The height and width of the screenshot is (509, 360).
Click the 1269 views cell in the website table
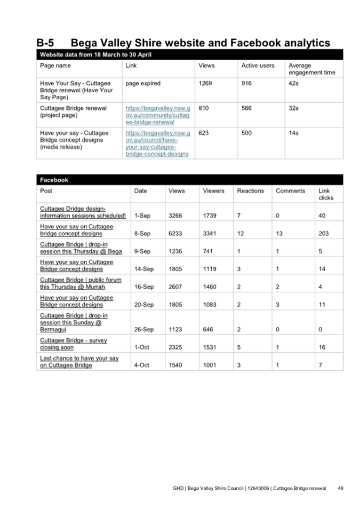coord(205,83)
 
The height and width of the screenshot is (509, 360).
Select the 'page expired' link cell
coord(143,83)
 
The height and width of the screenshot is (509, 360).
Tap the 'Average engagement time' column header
coord(311,69)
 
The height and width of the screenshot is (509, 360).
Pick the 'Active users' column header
coord(258,66)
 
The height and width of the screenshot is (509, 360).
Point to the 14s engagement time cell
coord(293,133)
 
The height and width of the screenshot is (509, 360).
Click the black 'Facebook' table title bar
coord(189,180)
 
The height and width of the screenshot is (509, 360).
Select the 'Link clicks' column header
coord(325,194)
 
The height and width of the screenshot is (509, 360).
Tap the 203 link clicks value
coord(324,234)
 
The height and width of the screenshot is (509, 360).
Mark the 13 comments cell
coord(279,234)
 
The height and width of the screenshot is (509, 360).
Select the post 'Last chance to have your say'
coord(79,362)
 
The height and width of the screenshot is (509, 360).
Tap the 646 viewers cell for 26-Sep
coord(208,330)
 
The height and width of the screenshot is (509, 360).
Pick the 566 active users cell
coord(246,108)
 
